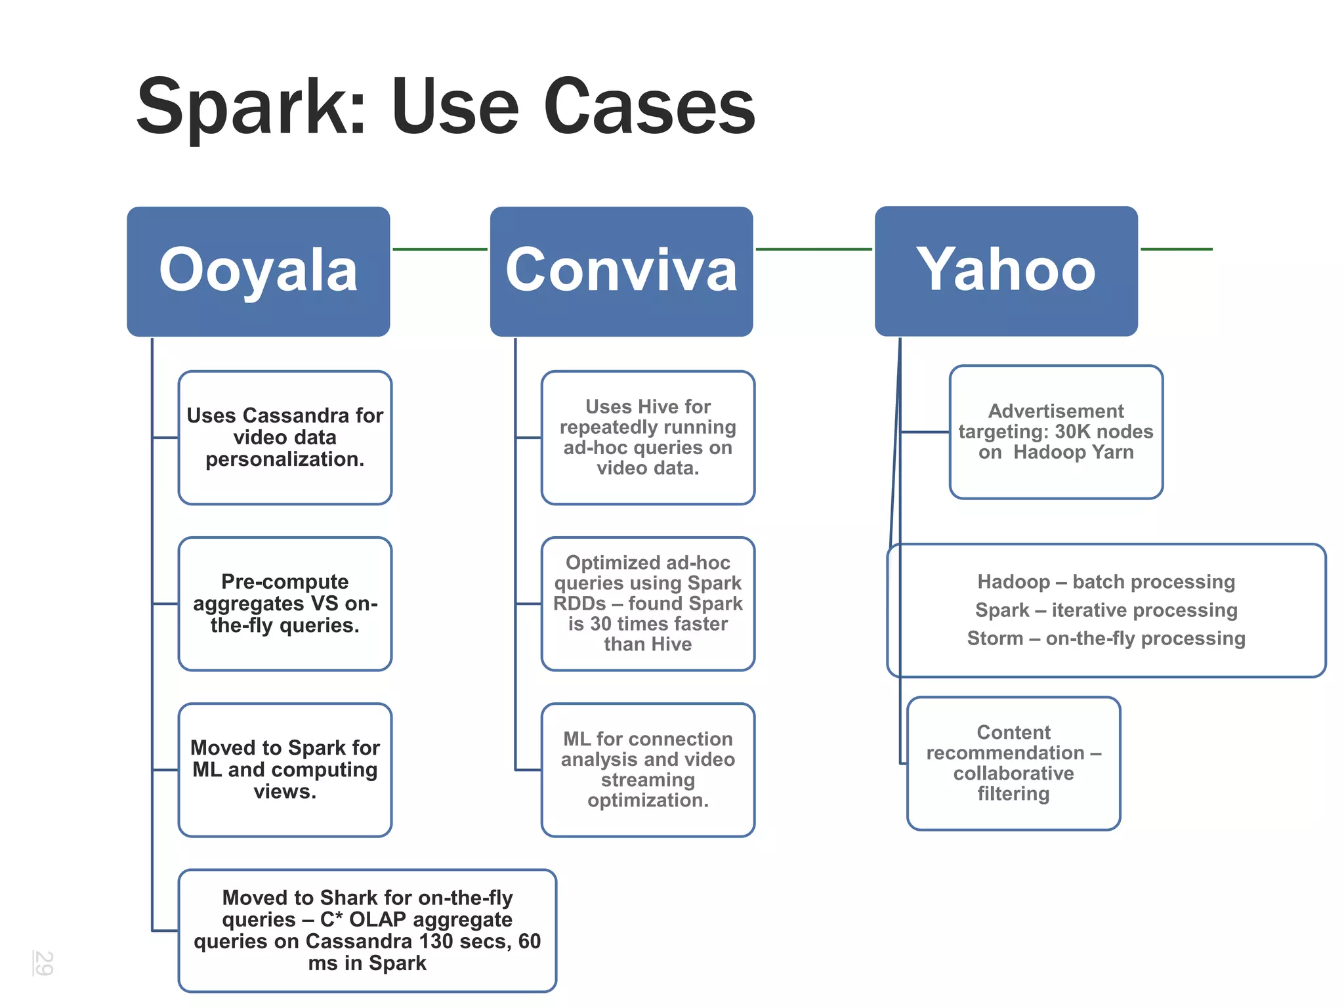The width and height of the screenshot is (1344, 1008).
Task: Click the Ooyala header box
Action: pyautogui.click(x=258, y=271)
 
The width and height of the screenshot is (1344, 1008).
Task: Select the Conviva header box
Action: pyautogui.click(x=621, y=271)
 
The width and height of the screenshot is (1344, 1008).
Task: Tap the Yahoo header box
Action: pyautogui.click(x=1005, y=271)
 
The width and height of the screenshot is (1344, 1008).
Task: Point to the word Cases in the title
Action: pyautogui.click(x=649, y=107)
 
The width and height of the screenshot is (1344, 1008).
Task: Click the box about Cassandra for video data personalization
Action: pyautogui.click(x=285, y=437)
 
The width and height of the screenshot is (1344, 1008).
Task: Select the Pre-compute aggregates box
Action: pyautogui.click(x=285, y=603)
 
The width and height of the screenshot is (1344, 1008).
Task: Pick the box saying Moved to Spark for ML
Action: pyautogui.click(x=285, y=769)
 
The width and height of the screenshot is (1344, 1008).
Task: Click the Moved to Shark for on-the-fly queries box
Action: pyautogui.click(x=367, y=930)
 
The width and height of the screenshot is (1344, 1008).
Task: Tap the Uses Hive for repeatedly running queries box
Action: pyautogui.click(x=648, y=437)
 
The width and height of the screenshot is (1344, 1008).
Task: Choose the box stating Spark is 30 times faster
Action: pyautogui.click(x=648, y=603)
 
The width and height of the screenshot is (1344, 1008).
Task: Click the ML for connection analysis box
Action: pyautogui.click(x=648, y=769)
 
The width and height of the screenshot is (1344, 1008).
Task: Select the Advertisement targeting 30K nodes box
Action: pyautogui.click(x=1055, y=432)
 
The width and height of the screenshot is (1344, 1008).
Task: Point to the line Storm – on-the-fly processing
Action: pyautogui.click(x=1106, y=639)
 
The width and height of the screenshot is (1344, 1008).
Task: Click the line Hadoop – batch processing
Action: pyautogui.click(x=1106, y=582)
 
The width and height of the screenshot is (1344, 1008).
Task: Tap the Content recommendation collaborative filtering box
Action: pyautogui.click(x=1013, y=763)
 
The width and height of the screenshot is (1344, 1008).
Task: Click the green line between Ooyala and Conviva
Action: pyautogui.click(x=440, y=249)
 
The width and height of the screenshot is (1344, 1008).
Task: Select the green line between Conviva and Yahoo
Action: pyautogui.click(x=814, y=249)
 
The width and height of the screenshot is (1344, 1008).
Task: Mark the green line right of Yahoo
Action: pyautogui.click(x=1176, y=249)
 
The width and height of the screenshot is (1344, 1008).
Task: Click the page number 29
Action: pyautogui.click(x=43, y=963)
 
